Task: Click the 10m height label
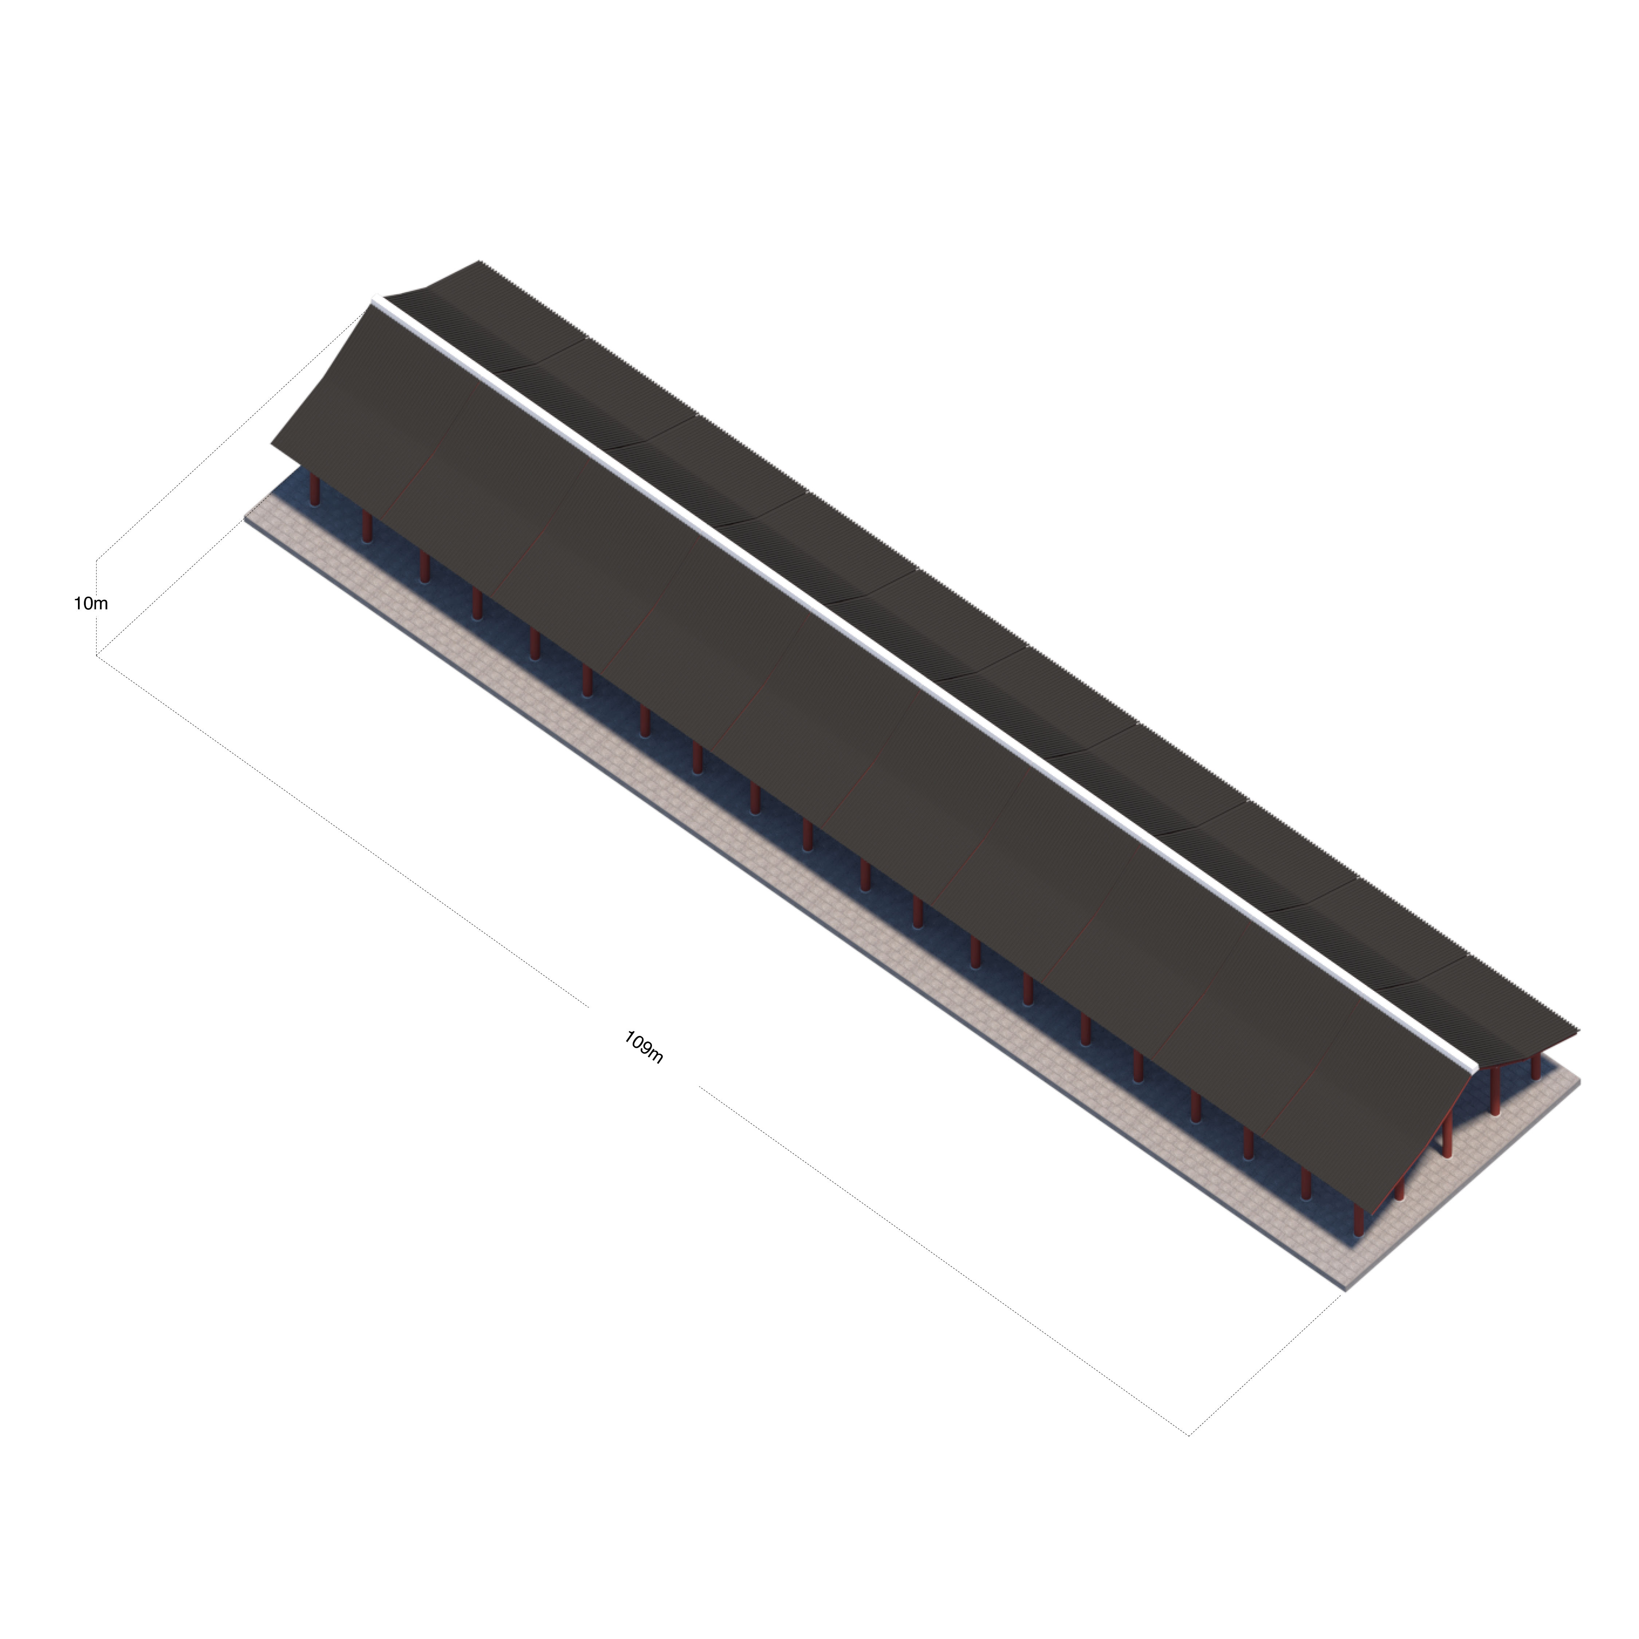pyautogui.click(x=91, y=604)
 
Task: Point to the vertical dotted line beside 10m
pyautogui.click(x=97, y=608)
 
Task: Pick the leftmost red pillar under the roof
pyautogui.click(x=315, y=490)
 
